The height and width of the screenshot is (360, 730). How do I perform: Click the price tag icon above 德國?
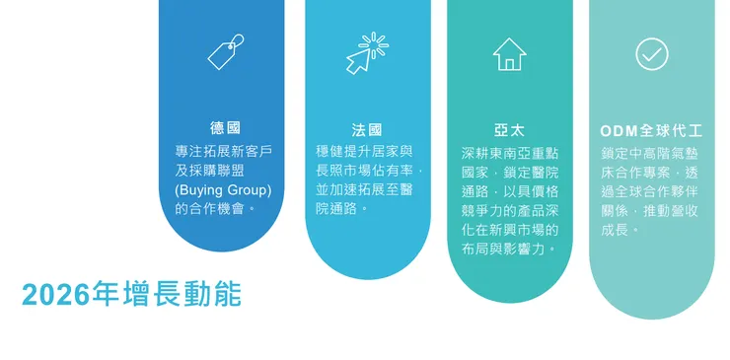point(225,52)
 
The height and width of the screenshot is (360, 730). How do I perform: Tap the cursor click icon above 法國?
point(366,53)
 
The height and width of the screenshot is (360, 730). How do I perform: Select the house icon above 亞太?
point(509,54)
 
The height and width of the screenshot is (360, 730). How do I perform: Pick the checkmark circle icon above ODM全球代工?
point(652,53)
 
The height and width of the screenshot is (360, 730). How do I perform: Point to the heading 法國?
point(367,129)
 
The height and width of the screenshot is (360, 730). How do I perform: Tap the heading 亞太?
point(509,129)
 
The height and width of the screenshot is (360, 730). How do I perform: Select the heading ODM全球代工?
point(651,129)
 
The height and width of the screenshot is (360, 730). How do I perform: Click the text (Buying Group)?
point(223,188)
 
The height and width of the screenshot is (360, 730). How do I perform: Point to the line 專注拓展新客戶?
point(223,151)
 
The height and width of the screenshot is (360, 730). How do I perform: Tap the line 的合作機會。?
point(216,208)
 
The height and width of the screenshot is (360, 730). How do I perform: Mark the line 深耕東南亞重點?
point(509,154)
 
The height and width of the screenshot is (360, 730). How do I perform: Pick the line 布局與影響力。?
point(509,249)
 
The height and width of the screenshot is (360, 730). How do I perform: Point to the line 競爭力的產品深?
point(509,210)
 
